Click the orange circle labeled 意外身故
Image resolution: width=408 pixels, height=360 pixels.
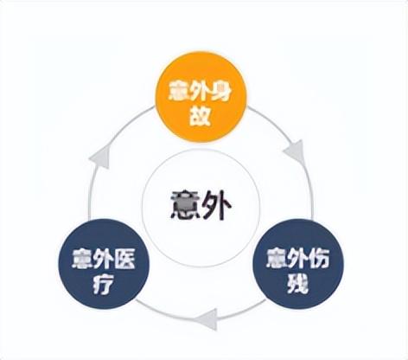click(x=201, y=97)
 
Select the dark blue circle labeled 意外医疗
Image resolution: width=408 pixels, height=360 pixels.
click(x=104, y=264)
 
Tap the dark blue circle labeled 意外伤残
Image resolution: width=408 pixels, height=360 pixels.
click(x=298, y=264)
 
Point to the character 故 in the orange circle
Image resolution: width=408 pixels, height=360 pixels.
click(x=201, y=116)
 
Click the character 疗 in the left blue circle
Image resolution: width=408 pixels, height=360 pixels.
click(x=104, y=284)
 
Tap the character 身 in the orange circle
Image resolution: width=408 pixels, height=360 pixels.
click(x=221, y=91)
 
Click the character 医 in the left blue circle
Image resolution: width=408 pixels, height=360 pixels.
click(x=124, y=259)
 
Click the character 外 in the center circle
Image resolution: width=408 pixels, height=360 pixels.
click(x=217, y=205)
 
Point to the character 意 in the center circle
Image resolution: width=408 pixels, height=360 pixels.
click(x=185, y=205)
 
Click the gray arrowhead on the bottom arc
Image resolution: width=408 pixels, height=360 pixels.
click(x=206, y=319)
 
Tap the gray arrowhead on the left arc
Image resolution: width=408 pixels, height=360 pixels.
click(x=100, y=157)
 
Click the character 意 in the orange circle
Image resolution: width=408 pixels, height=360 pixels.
click(x=180, y=91)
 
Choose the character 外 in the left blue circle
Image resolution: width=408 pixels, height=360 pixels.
click(x=104, y=259)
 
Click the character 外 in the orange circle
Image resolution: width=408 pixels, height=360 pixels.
click(x=201, y=91)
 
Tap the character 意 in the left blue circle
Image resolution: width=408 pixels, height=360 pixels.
click(x=83, y=259)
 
